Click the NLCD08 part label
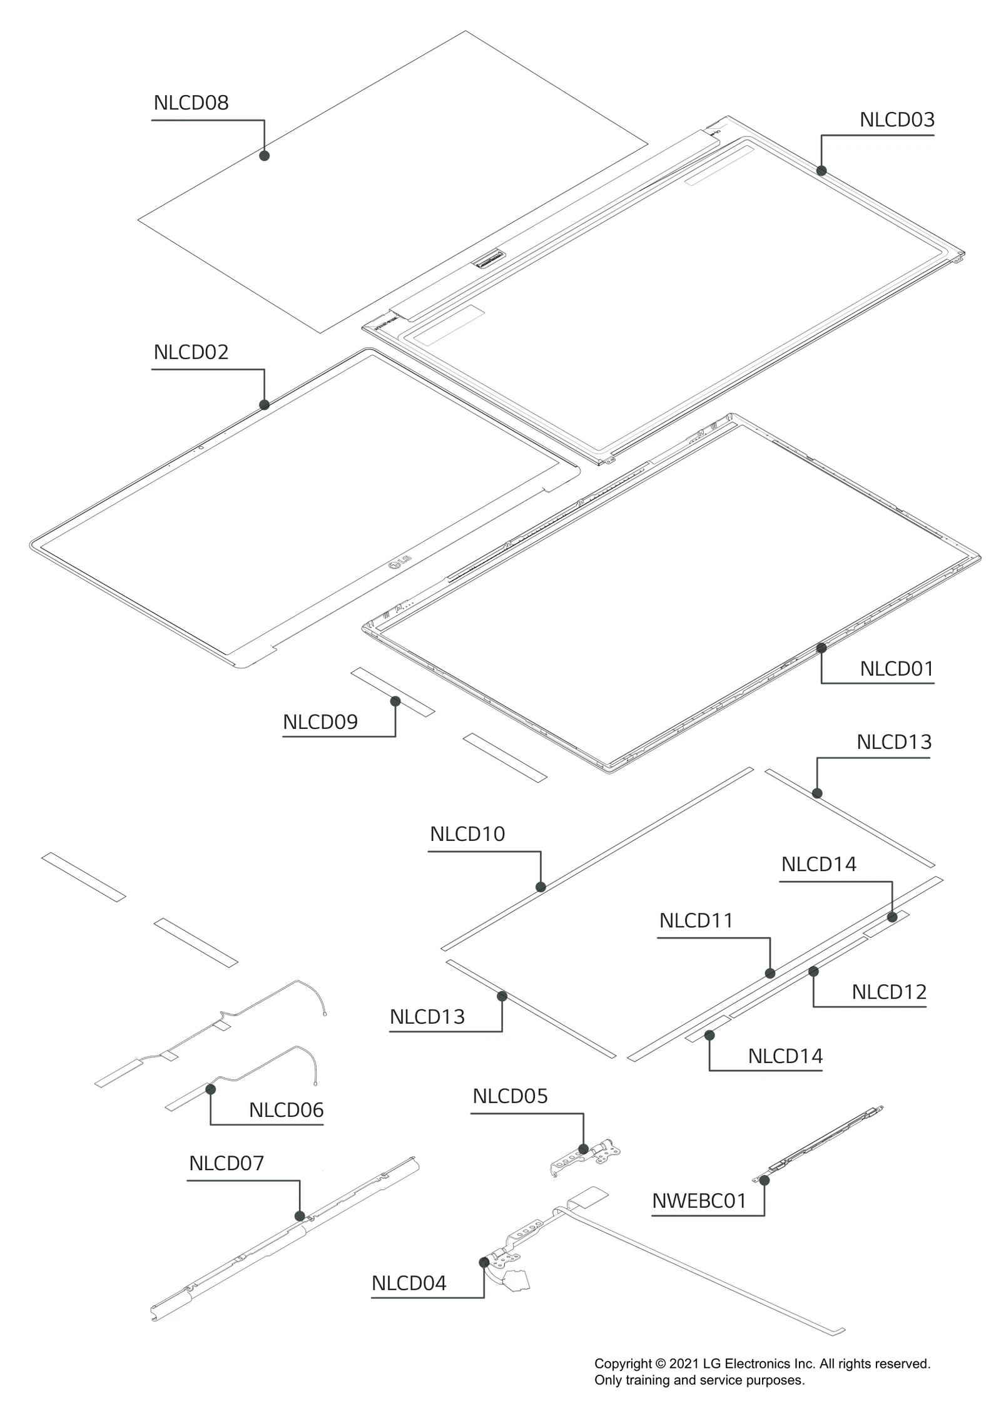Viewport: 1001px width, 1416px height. pyautogui.click(x=191, y=103)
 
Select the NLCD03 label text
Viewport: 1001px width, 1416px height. pyautogui.click(x=897, y=120)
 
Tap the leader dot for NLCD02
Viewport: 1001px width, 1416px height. pyautogui.click(x=264, y=405)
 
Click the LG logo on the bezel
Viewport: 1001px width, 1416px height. pyautogui.click(x=400, y=562)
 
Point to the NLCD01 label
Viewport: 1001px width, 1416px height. pyautogui.click(x=897, y=669)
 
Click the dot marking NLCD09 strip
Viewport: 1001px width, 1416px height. pyautogui.click(x=395, y=701)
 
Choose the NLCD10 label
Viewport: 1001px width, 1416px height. pyautogui.click(x=467, y=834)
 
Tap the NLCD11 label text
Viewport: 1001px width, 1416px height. pyautogui.click(x=696, y=920)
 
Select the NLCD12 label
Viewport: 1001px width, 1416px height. pyautogui.click(x=888, y=992)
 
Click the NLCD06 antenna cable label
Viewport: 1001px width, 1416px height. pyautogui.click(x=286, y=1110)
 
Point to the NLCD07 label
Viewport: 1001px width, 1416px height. pyautogui.click(x=226, y=1163)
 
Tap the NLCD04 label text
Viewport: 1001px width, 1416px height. pyautogui.click(x=409, y=1283)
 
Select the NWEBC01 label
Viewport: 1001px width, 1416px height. pyautogui.click(x=699, y=1201)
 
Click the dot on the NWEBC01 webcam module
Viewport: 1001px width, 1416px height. pyautogui.click(x=764, y=1180)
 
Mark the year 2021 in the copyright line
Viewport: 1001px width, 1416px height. pyautogui.click(x=684, y=1364)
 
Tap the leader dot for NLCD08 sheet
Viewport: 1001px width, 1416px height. pyautogui.click(x=264, y=155)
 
